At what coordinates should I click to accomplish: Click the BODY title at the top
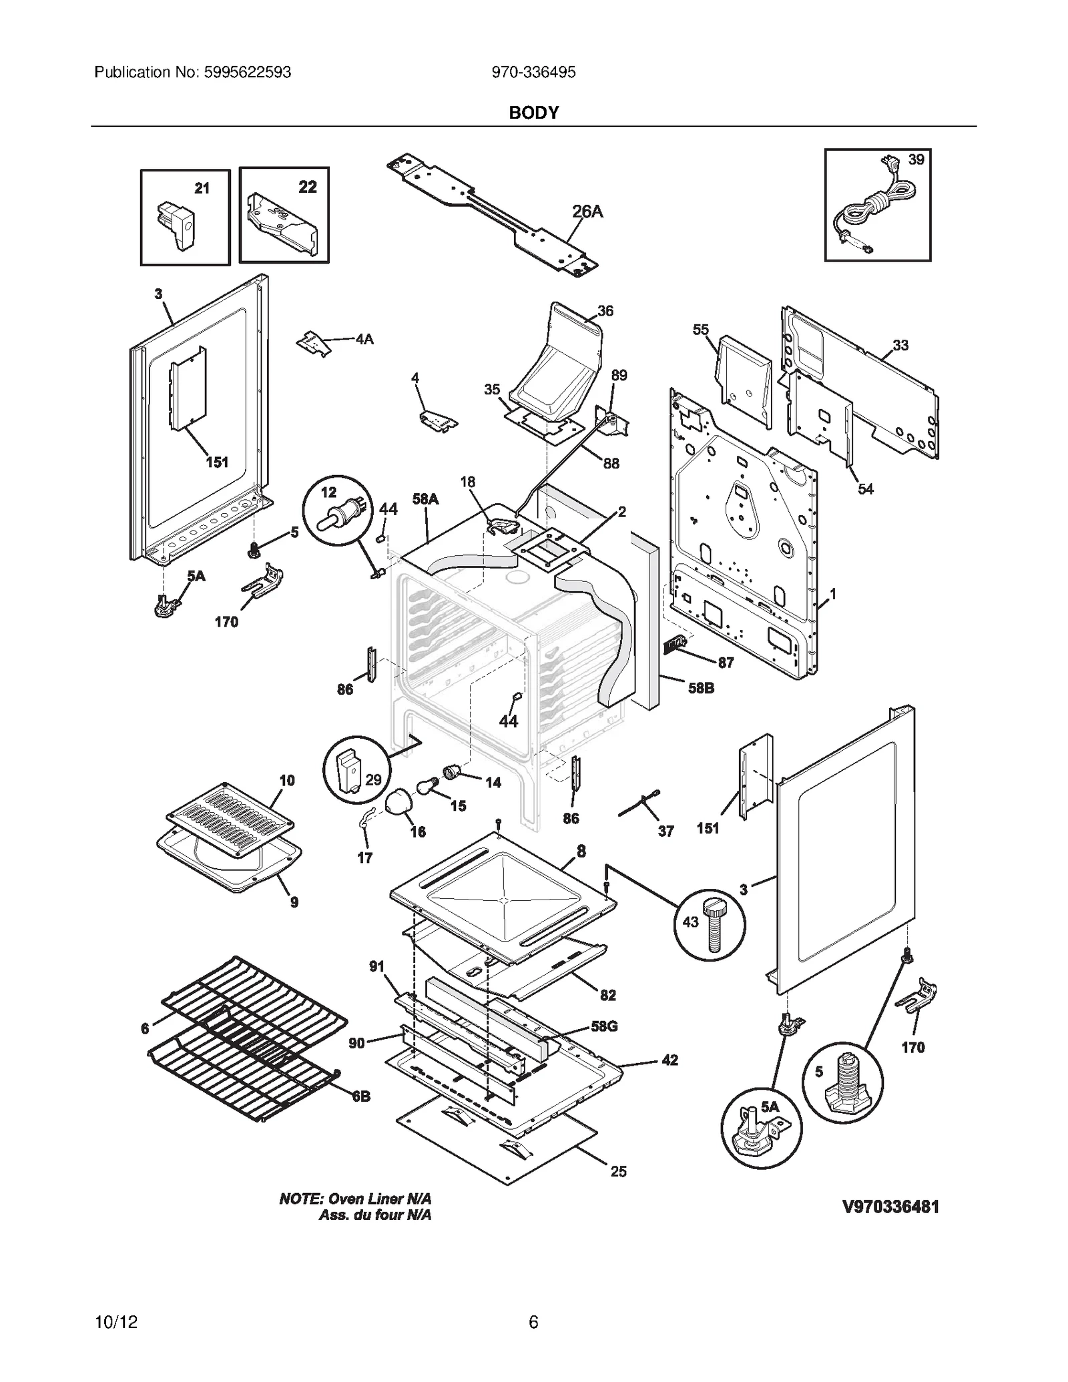coord(533,113)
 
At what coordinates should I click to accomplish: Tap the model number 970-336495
coord(533,72)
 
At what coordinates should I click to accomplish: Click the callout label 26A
coord(587,212)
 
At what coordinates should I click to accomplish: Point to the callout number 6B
coord(361,1096)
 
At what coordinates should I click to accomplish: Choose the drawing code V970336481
coord(890,1206)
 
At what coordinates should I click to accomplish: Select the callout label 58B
coord(701,688)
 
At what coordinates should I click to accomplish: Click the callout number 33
coord(900,345)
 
